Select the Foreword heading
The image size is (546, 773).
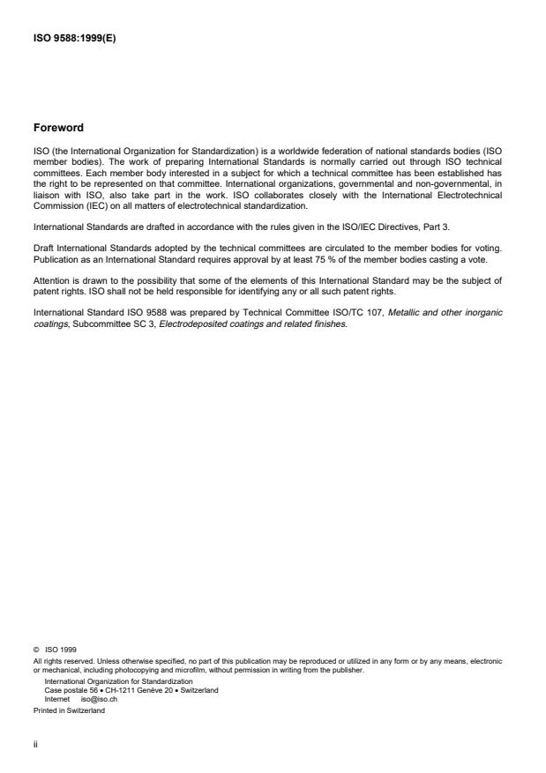pyautogui.click(x=58, y=128)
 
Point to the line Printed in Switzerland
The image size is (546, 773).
pyautogui.click(x=69, y=710)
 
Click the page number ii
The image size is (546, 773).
pyautogui.click(x=36, y=744)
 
